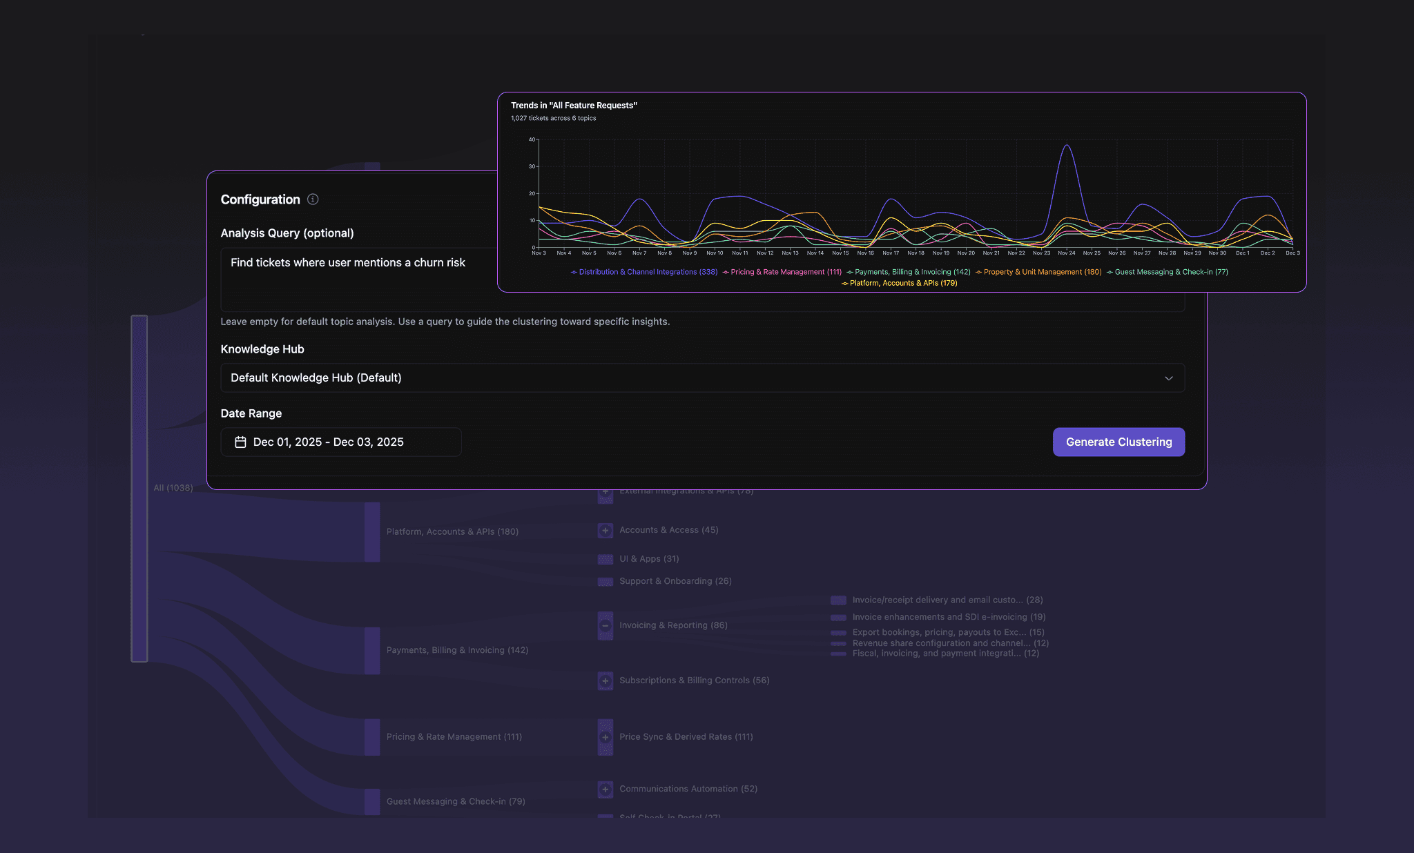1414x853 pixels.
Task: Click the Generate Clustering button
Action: click(1118, 442)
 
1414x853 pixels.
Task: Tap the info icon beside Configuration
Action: click(313, 199)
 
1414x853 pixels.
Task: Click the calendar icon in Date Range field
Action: click(240, 442)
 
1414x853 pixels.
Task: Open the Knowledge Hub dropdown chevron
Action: click(1169, 378)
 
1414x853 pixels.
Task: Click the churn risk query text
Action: click(348, 263)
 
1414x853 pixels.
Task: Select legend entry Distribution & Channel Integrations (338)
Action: click(648, 272)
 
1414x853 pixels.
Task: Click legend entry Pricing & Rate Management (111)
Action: click(785, 272)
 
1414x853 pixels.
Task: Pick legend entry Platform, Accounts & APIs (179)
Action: click(903, 283)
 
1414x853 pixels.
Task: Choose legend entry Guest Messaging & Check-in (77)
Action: click(1171, 272)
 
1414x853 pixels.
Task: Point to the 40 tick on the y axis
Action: click(532, 139)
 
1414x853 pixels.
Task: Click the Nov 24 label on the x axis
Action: click(1067, 253)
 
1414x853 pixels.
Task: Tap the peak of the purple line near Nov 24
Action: click(1067, 145)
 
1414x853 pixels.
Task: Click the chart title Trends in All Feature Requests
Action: click(574, 106)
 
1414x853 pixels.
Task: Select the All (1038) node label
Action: click(173, 488)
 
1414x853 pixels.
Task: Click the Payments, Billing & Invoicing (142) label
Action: click(457, 650)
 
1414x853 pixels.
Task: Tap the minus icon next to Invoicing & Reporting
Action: click(606, 626)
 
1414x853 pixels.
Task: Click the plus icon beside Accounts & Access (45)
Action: click(606, 531)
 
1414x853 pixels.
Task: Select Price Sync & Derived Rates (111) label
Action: click(686, 737)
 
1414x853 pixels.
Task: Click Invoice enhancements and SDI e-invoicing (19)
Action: click(949, 617)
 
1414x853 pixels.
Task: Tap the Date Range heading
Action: click(251, 413)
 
